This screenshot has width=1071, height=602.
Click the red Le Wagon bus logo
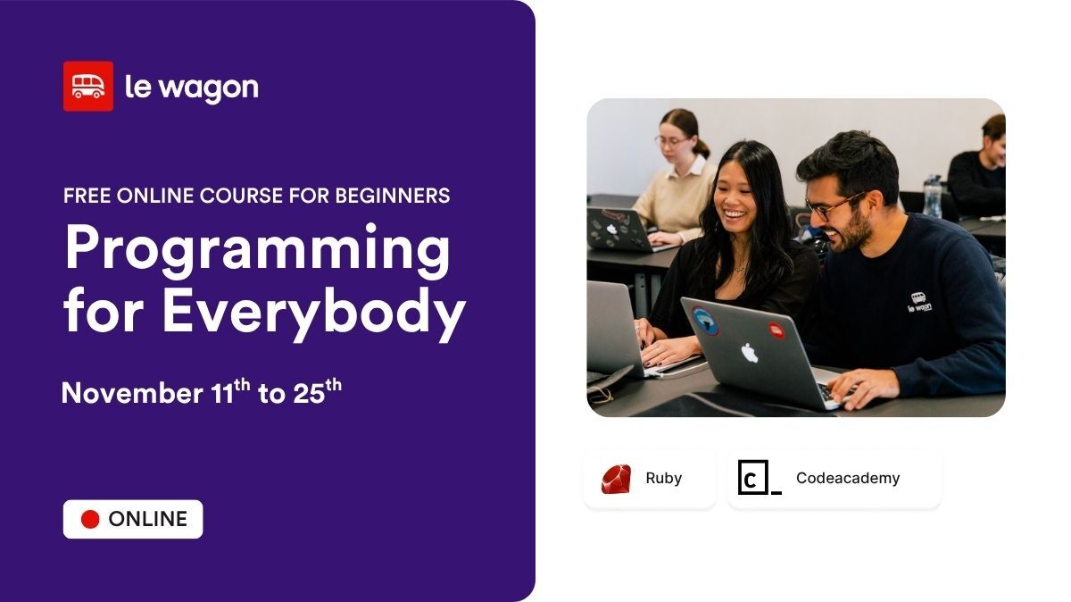[87, 87]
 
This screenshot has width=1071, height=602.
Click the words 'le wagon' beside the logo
[191, 88]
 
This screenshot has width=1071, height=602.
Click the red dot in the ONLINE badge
[90, 520]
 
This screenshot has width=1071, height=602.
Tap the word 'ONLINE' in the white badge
[147, 520]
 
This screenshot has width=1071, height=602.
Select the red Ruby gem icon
[616, 479]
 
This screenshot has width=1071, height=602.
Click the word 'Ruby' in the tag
[663, 479]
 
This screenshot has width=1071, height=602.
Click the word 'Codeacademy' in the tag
[847, 479]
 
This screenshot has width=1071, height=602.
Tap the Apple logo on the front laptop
[750, 353]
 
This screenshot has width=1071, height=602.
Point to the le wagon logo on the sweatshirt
[919, 302]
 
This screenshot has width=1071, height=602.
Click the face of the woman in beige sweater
[675, 138]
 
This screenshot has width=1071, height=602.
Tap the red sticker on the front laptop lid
[777, 330]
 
